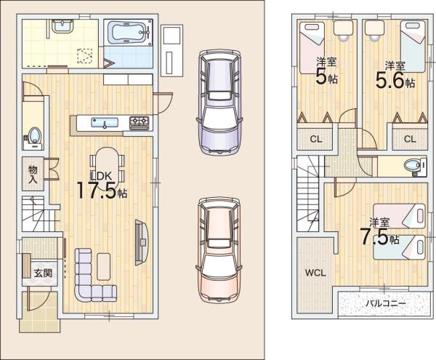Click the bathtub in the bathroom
click(129, 32)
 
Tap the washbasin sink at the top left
click(62, 26)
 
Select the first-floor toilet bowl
click(34, 135)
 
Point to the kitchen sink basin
click(104, 123)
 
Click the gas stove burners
click(140, 123)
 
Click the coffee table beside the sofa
click(104, 266)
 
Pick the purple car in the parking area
click(219, 103)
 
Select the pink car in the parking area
click(219, 249)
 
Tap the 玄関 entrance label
click(43, 273)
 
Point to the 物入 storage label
click(33, 174)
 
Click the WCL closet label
click(315, 273)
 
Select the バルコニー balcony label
click(385, 303)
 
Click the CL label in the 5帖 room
click(316, 139)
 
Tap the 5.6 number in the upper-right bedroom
click(389, 80)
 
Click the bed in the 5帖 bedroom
click(312, 47)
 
